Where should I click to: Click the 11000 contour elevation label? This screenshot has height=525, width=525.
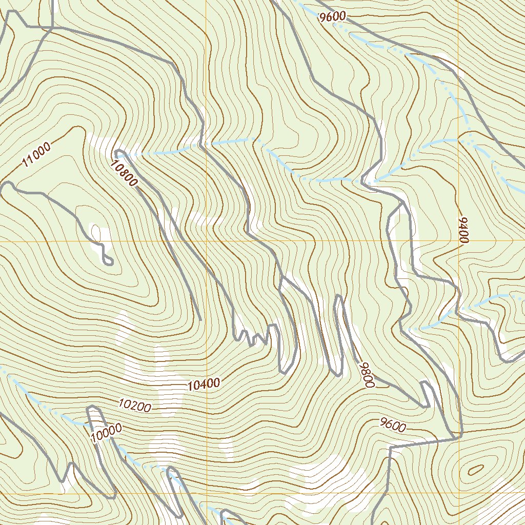coord(36,156)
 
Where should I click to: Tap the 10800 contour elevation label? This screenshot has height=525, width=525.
coord(124,172)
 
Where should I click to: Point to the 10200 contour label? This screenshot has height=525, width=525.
coord(134,406)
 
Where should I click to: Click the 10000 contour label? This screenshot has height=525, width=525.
coord(106,433)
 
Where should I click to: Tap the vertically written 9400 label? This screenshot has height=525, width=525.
coord(464,230)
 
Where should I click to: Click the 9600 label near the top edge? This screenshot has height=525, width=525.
coord(332,16)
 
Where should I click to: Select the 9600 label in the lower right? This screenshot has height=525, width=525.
coord(393,425)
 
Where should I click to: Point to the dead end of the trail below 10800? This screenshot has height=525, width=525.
coord(199,319)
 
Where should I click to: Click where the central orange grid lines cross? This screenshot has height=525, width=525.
coord(206,241)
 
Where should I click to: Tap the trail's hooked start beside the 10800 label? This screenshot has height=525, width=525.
coord(118,152)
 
